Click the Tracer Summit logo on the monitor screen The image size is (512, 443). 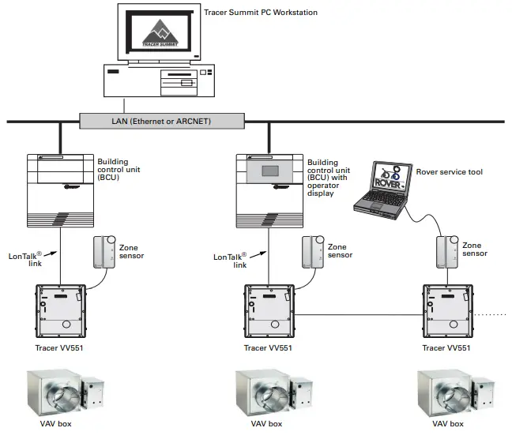(x=161, y=34)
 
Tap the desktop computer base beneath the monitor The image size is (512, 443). (x=158, y=81)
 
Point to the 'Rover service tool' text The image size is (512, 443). (x=448, y=172)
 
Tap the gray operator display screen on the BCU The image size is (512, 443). (x=270, y=171)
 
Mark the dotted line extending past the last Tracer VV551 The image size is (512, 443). (x=491, y=314)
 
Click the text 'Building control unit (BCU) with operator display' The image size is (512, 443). (x=329, y=178)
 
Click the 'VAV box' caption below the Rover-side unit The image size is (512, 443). (x=446, y=424)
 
